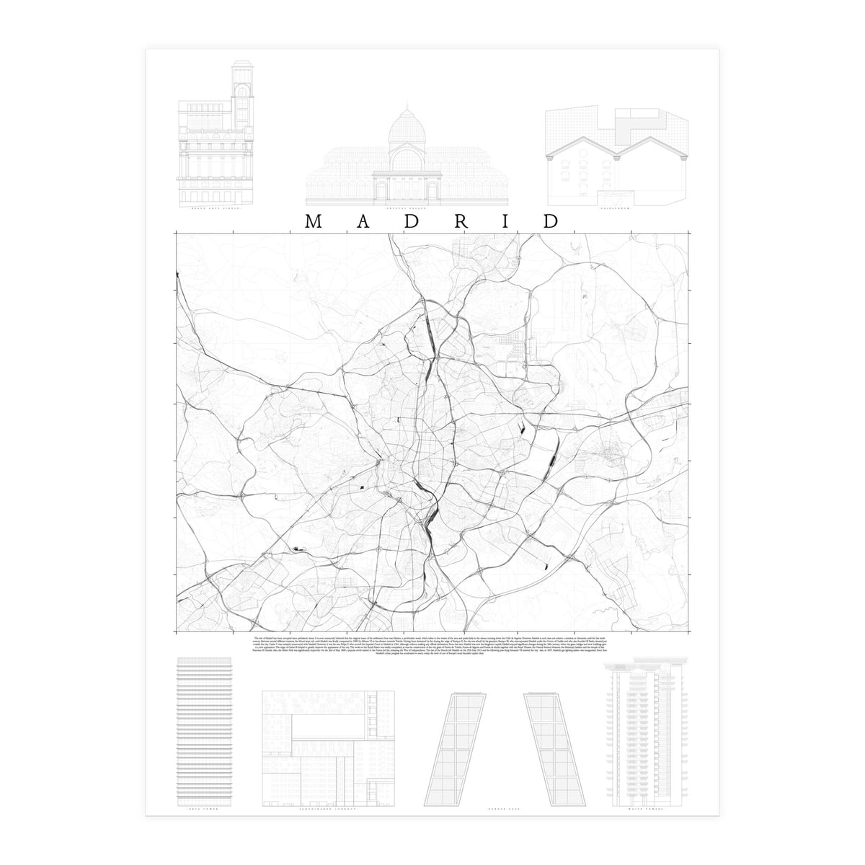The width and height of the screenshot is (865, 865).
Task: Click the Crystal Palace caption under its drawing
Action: pos(406,208)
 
